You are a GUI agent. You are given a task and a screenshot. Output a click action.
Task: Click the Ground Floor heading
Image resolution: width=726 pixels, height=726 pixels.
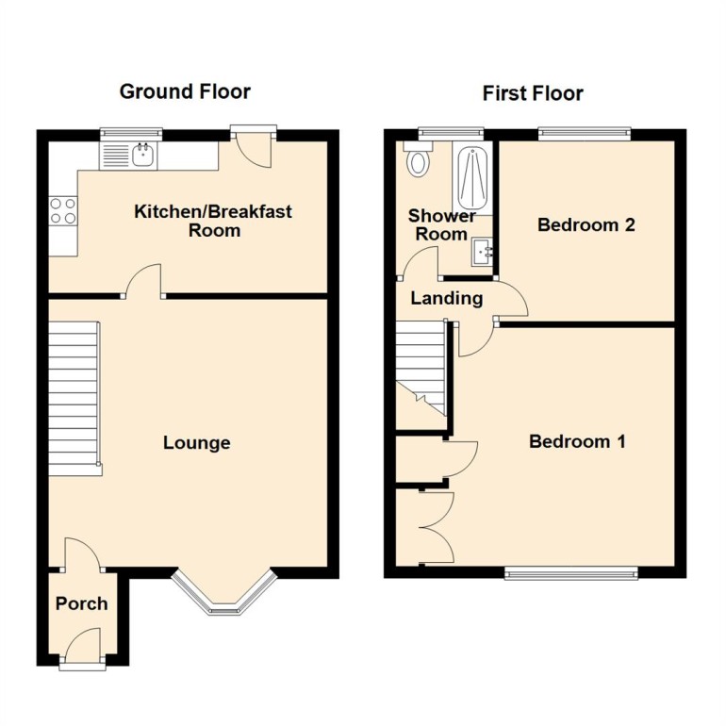point(185,91)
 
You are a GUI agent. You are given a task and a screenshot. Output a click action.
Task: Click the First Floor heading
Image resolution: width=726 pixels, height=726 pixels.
point(533,93)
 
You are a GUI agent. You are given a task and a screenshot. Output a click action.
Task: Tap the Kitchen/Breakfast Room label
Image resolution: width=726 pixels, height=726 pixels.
point(213,221)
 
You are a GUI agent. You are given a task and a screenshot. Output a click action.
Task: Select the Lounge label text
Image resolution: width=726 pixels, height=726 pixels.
point(196,443)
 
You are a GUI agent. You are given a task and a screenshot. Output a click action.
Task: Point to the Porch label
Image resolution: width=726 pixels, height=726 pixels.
point(81,603)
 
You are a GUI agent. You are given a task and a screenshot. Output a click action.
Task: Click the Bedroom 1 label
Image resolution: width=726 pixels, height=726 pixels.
point(577,441)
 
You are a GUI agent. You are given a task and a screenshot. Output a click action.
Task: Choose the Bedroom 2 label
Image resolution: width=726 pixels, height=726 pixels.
point(586,225)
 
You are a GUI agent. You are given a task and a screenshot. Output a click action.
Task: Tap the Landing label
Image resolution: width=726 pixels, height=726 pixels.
point(447,299)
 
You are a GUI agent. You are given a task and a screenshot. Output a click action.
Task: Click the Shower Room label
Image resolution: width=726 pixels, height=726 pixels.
point(441,225)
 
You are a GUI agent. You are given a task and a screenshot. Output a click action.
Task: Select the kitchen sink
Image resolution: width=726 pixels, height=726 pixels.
point(143,156)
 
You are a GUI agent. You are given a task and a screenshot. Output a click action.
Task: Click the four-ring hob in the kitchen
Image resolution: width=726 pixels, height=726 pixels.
point(63,210)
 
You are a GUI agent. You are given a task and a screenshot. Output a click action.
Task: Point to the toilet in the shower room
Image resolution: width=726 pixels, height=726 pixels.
point(417,162)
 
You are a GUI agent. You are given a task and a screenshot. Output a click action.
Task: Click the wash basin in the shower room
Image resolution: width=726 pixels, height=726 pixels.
point(484,252)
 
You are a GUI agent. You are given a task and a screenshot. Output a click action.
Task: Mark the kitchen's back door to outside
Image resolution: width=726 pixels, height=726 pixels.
point(255,149)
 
